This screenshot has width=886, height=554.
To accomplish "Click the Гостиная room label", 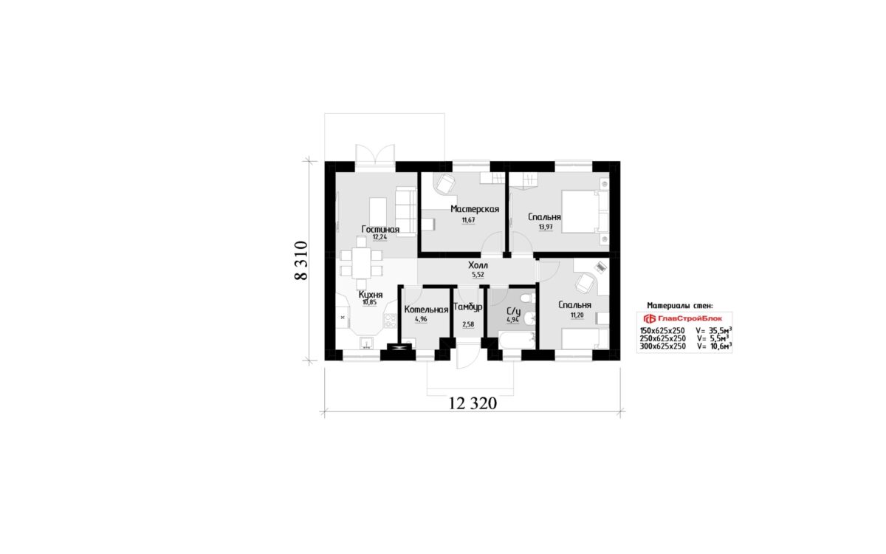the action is point(380,229).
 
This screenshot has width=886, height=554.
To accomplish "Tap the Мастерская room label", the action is point(475,209).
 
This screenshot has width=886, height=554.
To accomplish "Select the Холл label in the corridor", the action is point(478,265).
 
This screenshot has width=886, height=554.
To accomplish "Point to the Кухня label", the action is point(371,295).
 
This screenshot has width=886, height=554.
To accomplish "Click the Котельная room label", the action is point(426,310).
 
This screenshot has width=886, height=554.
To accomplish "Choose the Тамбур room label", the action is point(468,307).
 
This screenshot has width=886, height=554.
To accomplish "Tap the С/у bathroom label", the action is point(513,311).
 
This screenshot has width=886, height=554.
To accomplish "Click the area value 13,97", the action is point(546,228).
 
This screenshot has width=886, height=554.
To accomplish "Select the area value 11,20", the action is point(577,315).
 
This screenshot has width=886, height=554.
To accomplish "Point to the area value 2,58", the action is point(468,324).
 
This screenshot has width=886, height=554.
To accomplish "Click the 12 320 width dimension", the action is point(473,403).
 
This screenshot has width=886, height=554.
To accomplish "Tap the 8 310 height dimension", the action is point(301,260).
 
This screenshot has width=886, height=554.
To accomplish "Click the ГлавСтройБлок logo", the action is point(683,318).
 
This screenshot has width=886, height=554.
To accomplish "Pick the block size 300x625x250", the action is point(662,346).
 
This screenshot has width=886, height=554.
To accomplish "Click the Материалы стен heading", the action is point(680,306).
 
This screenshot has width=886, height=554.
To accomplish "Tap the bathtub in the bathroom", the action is point(517,341).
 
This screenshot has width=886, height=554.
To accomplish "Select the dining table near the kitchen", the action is point(362,263).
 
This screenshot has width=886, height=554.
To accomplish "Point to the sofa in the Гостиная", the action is point(406,212).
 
